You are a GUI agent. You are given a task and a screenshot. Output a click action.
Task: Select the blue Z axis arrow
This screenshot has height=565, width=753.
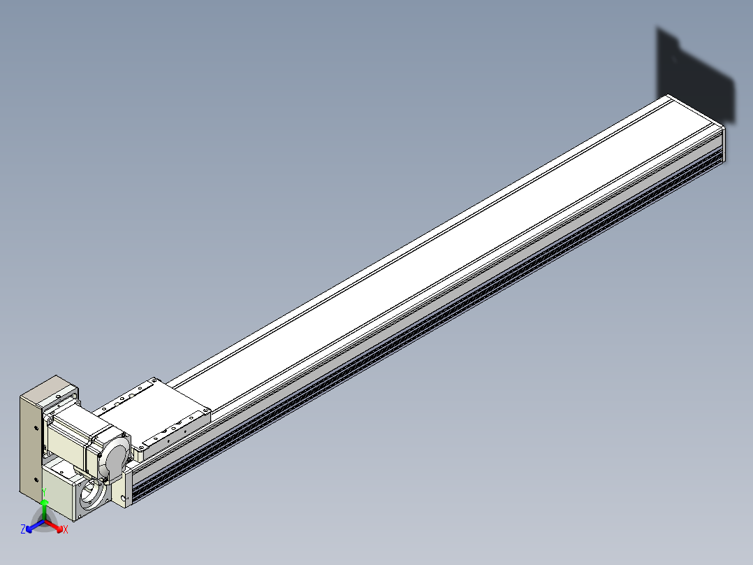(35, 526)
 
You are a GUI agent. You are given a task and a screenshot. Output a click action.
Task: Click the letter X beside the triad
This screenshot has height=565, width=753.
(66, 530)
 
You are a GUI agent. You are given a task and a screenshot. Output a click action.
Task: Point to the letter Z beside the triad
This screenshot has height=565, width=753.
(22, 529)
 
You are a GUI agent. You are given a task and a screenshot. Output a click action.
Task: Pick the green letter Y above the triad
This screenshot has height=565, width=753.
(44, 492)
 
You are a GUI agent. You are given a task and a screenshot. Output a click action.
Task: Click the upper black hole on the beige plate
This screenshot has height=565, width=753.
(36, 428)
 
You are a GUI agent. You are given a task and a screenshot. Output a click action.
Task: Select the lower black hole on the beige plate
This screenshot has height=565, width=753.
(36, 480)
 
